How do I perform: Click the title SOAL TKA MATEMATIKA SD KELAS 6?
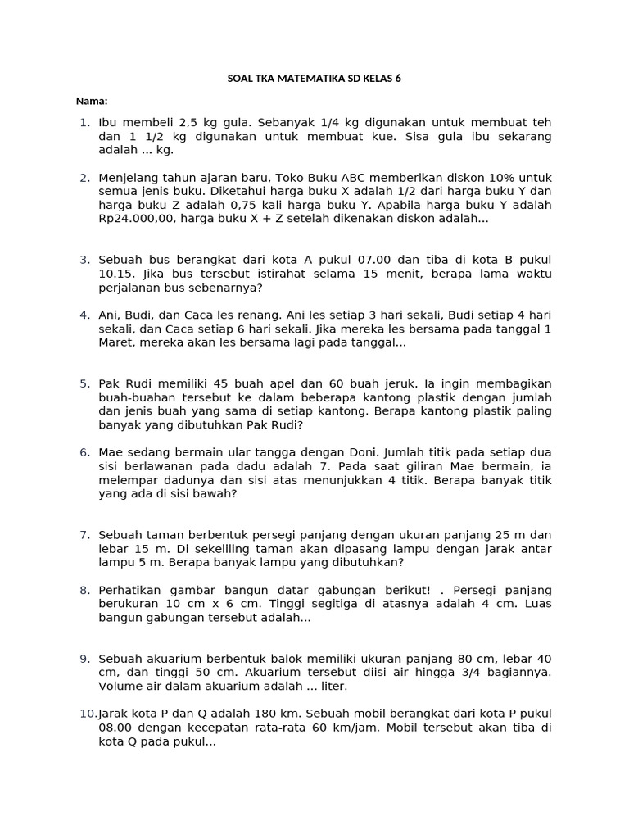coord(314,79)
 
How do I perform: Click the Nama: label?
coord(92,101)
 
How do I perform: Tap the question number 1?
coord(85,122)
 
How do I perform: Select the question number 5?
coord(85,383)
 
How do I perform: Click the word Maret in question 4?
coord(115,343)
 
